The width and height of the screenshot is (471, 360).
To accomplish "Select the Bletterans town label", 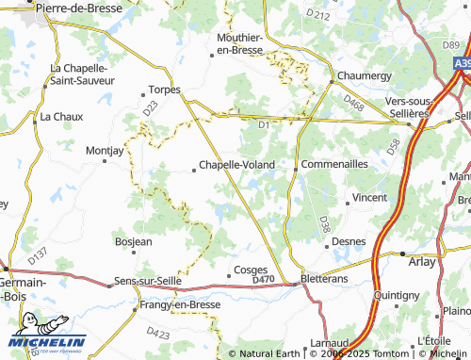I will point(326,280).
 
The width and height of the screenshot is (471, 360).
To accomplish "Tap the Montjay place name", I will point(104,150).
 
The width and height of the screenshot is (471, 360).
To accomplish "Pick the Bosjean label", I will point(133,242).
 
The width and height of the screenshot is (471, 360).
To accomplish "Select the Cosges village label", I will point(250,269).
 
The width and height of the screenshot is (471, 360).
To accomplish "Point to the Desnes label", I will point(349,242).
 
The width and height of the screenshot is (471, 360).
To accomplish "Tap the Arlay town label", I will point(423,262).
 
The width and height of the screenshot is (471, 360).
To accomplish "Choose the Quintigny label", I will point(397,295).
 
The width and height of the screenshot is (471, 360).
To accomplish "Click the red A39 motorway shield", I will point(462,63).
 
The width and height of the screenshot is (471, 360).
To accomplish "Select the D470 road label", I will point(263,280).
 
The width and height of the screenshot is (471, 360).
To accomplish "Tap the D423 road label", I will point(158,334).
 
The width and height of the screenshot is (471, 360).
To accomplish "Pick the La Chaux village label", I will point(56,118).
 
